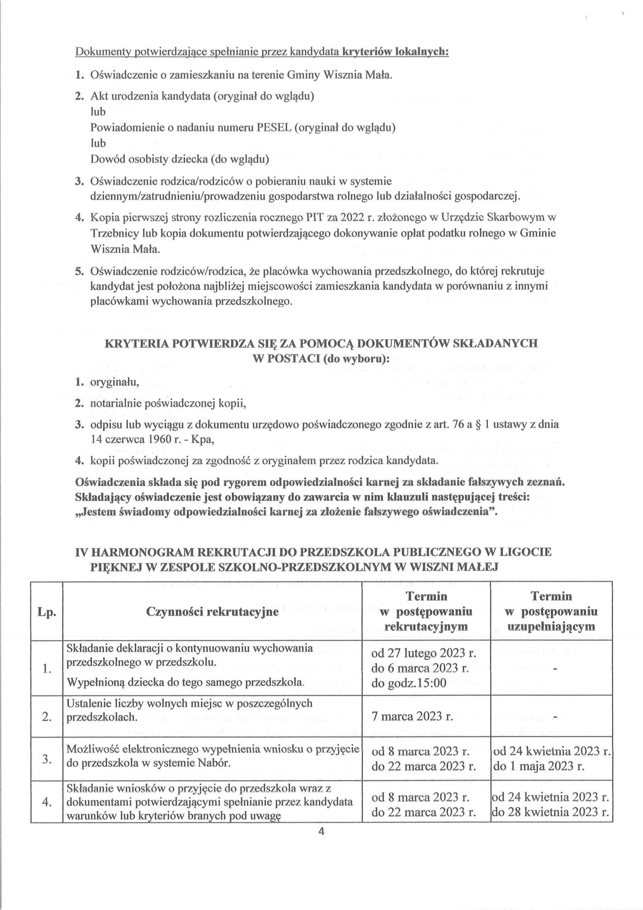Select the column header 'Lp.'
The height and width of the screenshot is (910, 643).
point(47,612)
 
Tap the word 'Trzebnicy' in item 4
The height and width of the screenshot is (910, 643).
point(115,234)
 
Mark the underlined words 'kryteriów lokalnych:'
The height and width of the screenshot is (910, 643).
point(395,52)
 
